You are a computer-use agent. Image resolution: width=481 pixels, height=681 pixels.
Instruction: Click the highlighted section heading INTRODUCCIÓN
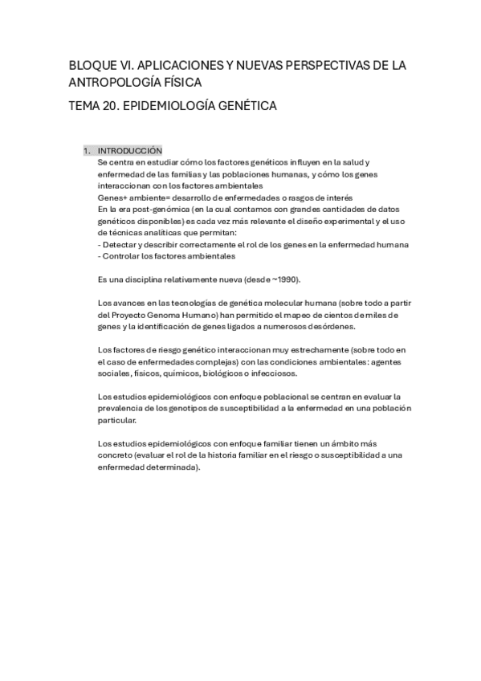pyautogui.click(x=129, y=150)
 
